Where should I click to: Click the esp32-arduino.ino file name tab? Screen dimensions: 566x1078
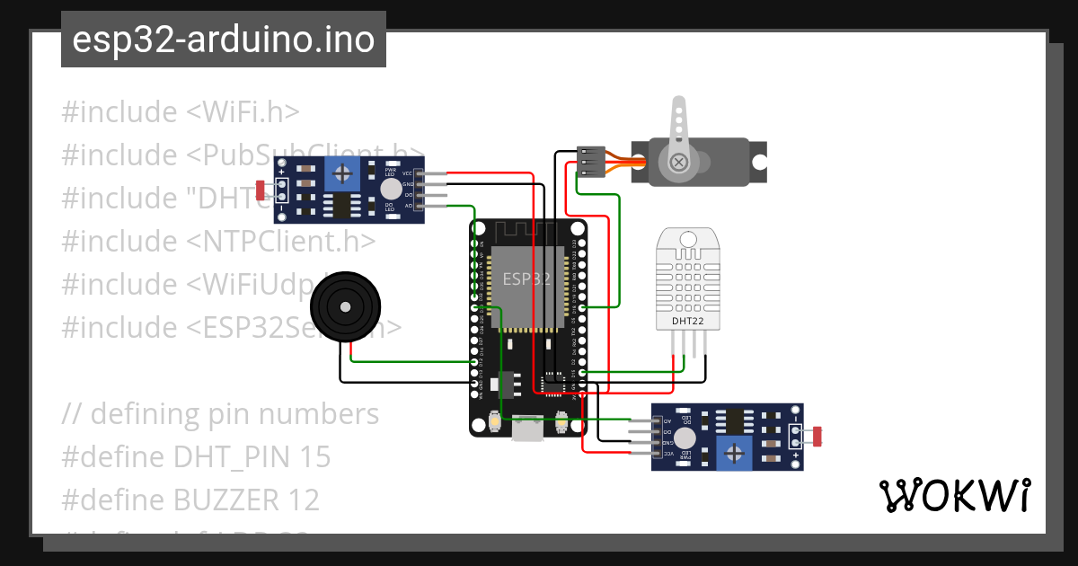point(223,40)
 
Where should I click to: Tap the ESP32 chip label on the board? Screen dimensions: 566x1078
point(527,279)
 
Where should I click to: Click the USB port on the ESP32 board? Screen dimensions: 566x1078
point(527,430)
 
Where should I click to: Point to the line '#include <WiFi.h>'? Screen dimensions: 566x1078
point(181,112)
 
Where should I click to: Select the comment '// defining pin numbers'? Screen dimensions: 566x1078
point(221,414)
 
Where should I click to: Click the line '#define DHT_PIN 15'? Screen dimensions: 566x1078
point(196,457)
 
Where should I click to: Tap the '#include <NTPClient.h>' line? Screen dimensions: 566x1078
point(218,242)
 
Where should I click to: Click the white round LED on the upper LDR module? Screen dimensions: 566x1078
point(391,188)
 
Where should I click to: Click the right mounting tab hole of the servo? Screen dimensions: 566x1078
point(759,164)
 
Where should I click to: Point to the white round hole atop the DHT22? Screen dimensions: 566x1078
point(689,239)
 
